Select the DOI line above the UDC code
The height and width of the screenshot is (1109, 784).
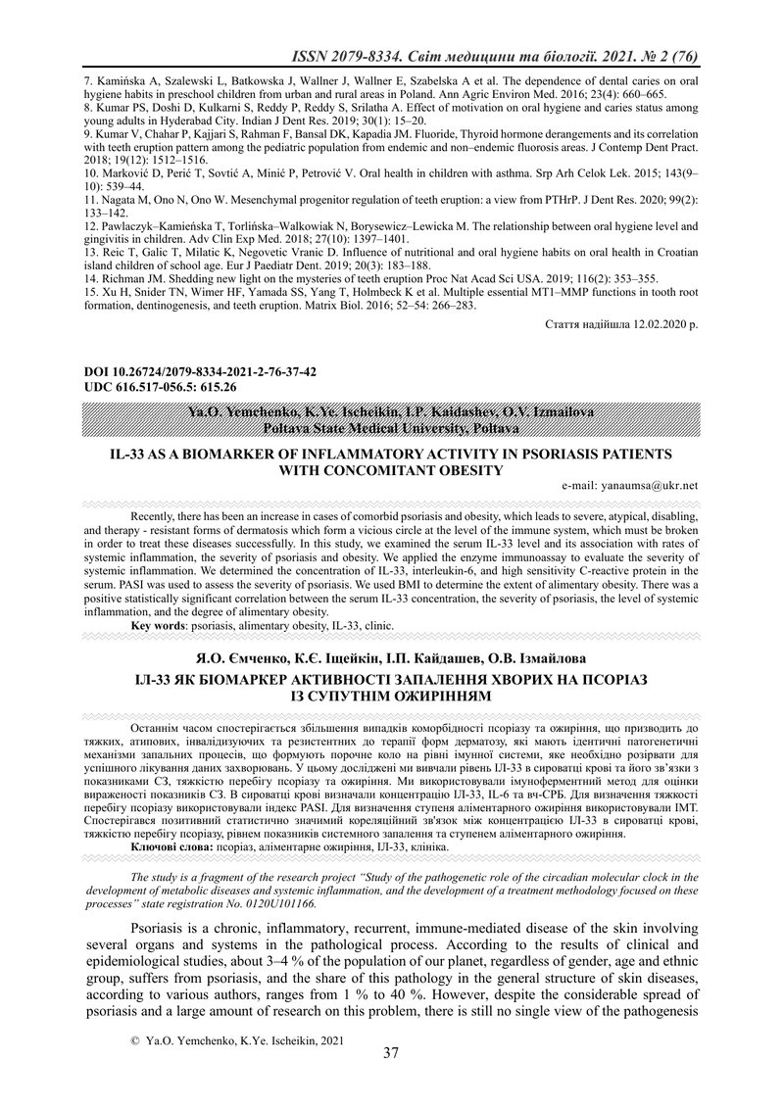point(201,373)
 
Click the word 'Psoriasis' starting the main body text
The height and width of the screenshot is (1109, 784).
point(162,926)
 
